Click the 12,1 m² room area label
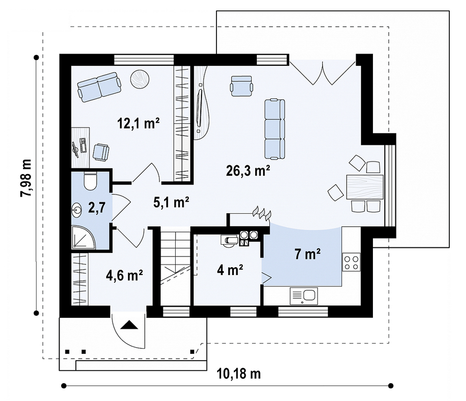coord(138,123)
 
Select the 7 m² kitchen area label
coord(308,254)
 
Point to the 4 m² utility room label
coord(230,270)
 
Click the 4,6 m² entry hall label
coord(124,275)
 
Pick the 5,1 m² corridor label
coord(171,202)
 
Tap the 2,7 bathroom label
coord(97,207)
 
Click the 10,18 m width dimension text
coord(238,374)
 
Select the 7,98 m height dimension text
coord(26,178)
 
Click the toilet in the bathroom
coord(90,180)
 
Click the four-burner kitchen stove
coord(351,262)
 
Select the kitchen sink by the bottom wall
coord(304,296)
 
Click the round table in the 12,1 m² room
coord(140,79)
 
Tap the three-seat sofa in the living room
coord(275,129)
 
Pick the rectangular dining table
coord(365,187)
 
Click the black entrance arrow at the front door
coord(129,325)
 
